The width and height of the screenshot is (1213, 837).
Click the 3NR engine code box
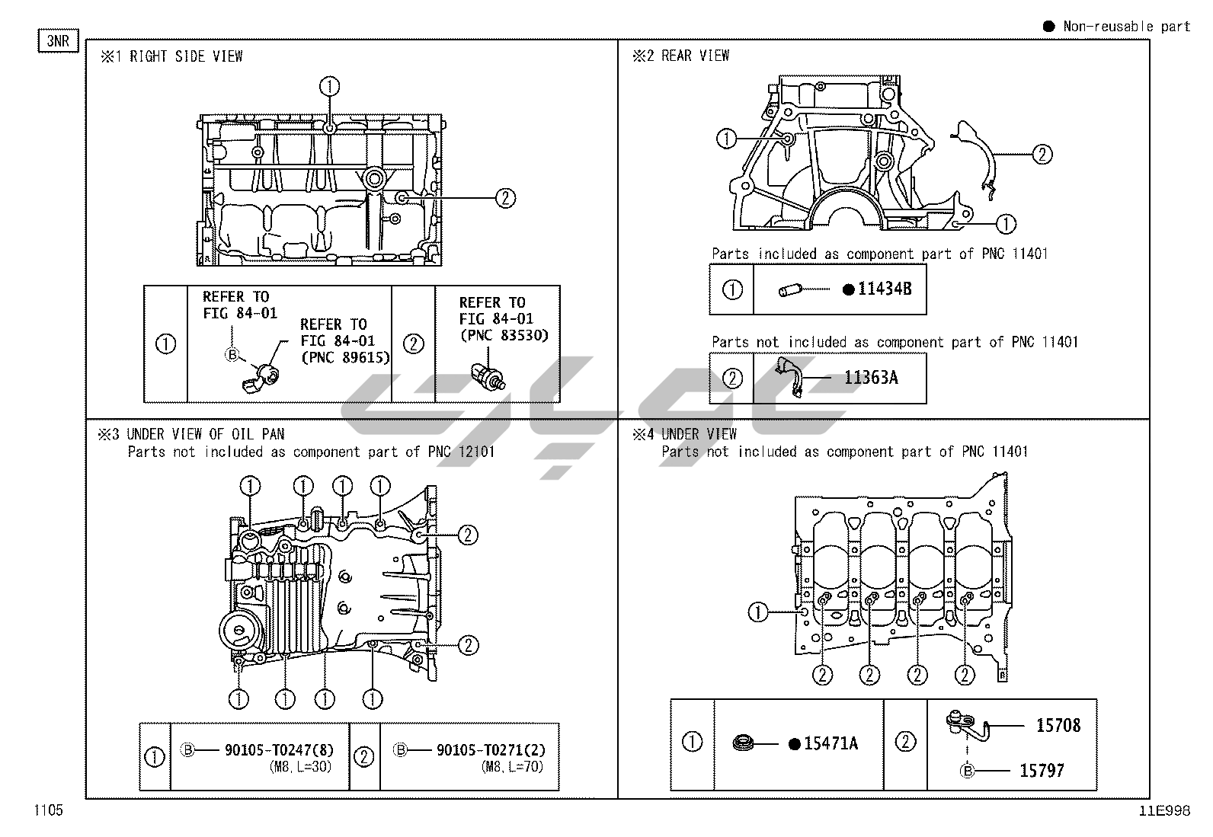[x=58, y=40]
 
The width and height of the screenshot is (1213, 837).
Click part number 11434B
[x=884, y=289]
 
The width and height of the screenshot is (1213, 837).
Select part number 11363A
[x=870, y=377]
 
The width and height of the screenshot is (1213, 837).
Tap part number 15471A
[x=831, y=743]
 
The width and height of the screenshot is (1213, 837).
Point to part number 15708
[x=1058, y=725]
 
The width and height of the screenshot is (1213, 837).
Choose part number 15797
[x=1042, y=771]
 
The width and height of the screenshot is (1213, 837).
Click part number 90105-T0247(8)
[x=279, y=750]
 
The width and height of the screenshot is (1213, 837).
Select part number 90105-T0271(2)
[x=491, y=750]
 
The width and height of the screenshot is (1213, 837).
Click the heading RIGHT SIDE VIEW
[x=186, y=56]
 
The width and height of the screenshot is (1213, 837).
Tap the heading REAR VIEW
[x=695, y=56]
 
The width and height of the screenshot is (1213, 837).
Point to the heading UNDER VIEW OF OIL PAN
[x=206, y=434]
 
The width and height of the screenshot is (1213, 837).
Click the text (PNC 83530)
[x=504, y=335]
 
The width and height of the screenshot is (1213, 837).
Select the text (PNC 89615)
[x=345, y=357]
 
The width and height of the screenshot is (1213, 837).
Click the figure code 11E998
[x=1164, y=811]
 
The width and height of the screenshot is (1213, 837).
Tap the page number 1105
[x=48, y=810]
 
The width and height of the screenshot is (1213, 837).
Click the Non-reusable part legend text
[x=1126, y=27]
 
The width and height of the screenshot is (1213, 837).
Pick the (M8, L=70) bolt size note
[x=513, y=767]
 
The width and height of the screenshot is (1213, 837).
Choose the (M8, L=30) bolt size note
[x=300, y=767]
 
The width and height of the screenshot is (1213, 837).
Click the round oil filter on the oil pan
[x=239, y=631]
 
